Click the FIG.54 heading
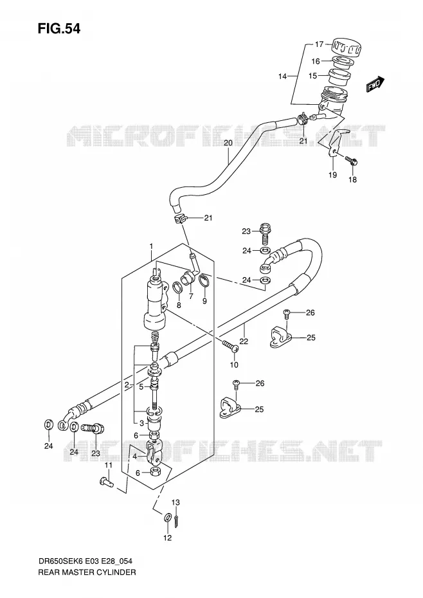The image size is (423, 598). tap(59, 28)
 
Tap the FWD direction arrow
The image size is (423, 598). tap(375, 84)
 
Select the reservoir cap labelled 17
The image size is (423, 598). tap(346, 48)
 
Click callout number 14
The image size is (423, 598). tap(282, 77)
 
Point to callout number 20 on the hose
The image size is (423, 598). tap(228, 143)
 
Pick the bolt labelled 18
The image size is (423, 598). tap(351, 161)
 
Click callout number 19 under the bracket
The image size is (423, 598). tap(332, 175)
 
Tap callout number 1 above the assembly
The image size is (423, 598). tap(151, 246)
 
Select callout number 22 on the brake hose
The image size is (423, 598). tap(244, 341)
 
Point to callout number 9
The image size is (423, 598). tap(204, 302)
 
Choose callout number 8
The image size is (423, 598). tap(179, 305)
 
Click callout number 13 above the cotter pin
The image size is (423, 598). tap(175, 503)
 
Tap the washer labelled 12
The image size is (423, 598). tap(167, 518)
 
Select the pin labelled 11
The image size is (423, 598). tap(107, 482)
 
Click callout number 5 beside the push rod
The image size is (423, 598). tap(141, 387)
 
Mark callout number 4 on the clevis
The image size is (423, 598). tap(134, 455)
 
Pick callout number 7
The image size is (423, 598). tap(191, 296)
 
